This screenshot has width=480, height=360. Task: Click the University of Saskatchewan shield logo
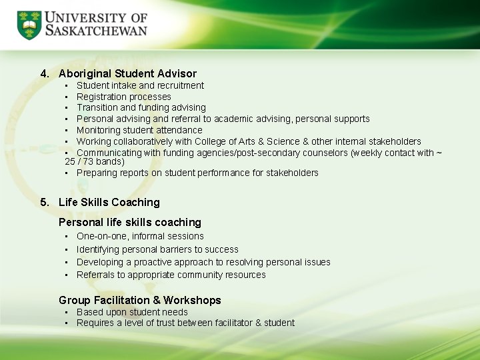[29, 25]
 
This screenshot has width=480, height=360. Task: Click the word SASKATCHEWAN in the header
[96, 32]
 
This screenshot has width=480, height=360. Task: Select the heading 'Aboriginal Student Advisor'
[127, 73]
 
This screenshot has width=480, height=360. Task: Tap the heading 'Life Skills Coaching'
[109, 202]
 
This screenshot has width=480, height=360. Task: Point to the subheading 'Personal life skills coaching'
[129, 222]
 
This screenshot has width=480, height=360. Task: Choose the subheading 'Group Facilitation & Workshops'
[139, 300]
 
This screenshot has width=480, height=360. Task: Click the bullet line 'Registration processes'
[124, 97]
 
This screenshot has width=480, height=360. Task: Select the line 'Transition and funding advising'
[141, 107]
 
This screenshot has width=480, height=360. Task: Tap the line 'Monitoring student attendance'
[139, 130]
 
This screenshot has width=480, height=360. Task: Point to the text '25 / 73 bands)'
[94, 161]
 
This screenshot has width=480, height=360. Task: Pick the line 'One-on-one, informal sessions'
[140, 236]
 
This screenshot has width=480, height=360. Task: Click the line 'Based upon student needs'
[132, 312]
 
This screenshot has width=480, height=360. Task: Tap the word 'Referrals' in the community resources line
[95, 275]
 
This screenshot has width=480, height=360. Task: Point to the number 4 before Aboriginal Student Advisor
[44, 73]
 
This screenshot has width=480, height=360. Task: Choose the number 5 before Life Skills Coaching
[44, 202]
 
